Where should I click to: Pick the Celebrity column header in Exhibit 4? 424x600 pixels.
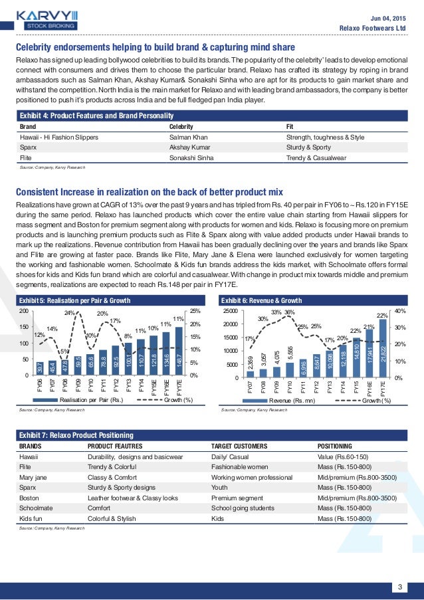tap(181, 125)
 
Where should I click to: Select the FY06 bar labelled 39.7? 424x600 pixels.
tap(40, 367)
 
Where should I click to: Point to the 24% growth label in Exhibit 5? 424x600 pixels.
tap(69, 313)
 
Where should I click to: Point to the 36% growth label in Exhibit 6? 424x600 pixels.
tap(290, 312)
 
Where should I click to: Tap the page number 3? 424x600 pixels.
tap(400, 567)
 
